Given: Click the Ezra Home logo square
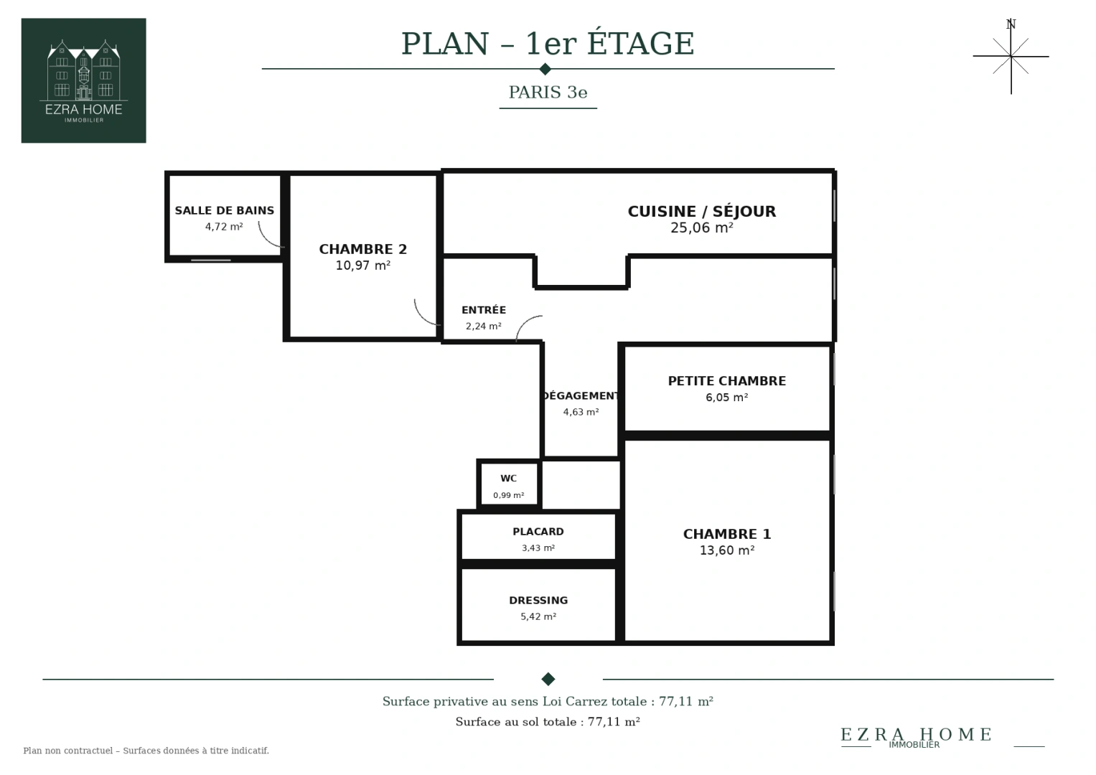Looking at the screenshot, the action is pyautogui.click(x=84, y=80).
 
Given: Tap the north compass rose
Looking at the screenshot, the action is pyautogui.click(x=1011, y=56).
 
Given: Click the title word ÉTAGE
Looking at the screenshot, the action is pyautogui.click(x=640, y=44).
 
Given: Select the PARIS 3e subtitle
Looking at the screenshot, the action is pyautogui.click(x=548, y=92).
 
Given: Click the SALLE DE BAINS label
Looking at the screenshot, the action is pyautogui.click(x=225, y=210).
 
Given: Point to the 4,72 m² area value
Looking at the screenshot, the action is pyautogui.click(x=224, y=227).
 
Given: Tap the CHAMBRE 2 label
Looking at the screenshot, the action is pyautogui.click(x=363, y=249).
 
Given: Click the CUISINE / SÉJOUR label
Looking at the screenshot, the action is pyautogui.click(x=702, y=211).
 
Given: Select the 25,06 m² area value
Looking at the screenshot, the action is pyautogui.click(x=702, y=227).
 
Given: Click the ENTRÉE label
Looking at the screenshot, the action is pyautogui.click(x=484, y=310).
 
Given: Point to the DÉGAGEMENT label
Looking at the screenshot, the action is pyautogui.click(x=581, y=396).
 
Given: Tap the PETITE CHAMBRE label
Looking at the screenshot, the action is pyautogui.click(x=727, y=380).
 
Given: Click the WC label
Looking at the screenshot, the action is pyautogui.click(x=508, y=479).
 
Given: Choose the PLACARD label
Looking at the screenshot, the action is pyautogui.click(x=538, y=531).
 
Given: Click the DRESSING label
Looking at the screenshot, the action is pyautogui.click(x=538, y=601).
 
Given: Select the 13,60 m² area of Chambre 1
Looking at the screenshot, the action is pyautogui.click(x=727, y=550).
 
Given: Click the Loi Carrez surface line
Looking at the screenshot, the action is pyautogui.click(x=548, y=702).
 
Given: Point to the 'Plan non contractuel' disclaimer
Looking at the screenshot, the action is pyautogui.click(x=146, y=751).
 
